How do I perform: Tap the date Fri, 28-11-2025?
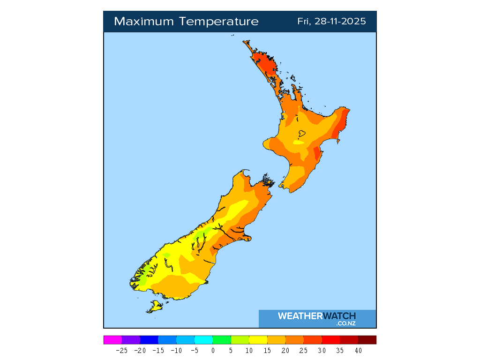[331, 22]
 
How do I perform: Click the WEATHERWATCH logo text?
[317, 316]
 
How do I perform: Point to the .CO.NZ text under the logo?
[345, 323]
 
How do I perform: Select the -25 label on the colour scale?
[121, 350]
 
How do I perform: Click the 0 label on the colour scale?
[213, 350]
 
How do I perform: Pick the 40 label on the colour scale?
[358, 350]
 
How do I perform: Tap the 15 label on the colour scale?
[267, 350]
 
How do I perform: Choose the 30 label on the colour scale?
[322, 350]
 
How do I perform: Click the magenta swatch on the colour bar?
[112, 340]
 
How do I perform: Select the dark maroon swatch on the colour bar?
[367, 340]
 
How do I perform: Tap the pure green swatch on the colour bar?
[222, 340]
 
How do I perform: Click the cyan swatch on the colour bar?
[203, 340]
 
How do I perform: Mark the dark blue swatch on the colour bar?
[149, 340]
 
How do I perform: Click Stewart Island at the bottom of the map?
[154, 307]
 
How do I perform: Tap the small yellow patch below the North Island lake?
[297, 142]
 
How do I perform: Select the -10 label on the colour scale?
[176, 350]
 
